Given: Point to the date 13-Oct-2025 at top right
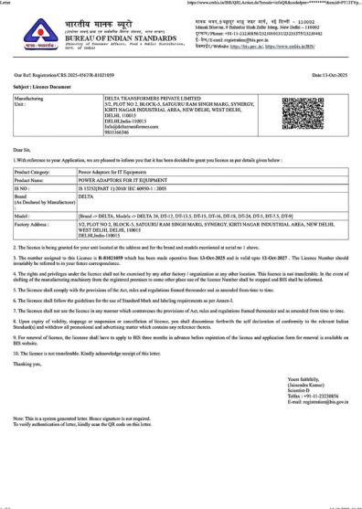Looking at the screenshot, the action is click(x=330, y=74).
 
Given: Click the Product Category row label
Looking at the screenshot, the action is click(x=35, y=171).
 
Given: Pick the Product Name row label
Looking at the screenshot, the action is click(x=33, y=180).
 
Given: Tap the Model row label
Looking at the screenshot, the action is click(x=25, y=215).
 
